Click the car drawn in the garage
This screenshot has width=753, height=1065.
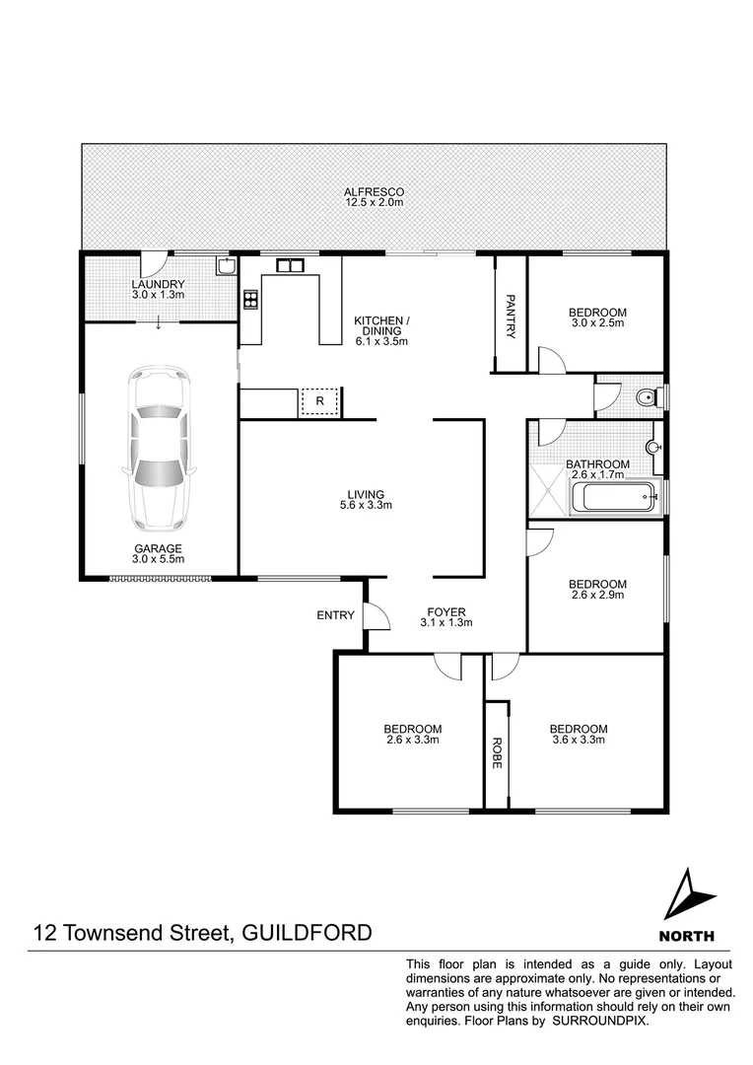point(158,449)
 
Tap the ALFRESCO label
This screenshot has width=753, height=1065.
point(374,191)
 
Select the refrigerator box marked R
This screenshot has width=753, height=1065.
point(319,401)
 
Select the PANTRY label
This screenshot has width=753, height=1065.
point(511,316)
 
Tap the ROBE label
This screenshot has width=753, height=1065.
point(497,753)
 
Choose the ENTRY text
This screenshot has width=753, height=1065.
point(335,615)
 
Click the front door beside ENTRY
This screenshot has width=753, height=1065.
point(376,615)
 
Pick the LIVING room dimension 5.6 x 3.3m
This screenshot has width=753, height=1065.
point(365,506)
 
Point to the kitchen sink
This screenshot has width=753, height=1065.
point(290,264)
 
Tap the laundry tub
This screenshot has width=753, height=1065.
point(225,266)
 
